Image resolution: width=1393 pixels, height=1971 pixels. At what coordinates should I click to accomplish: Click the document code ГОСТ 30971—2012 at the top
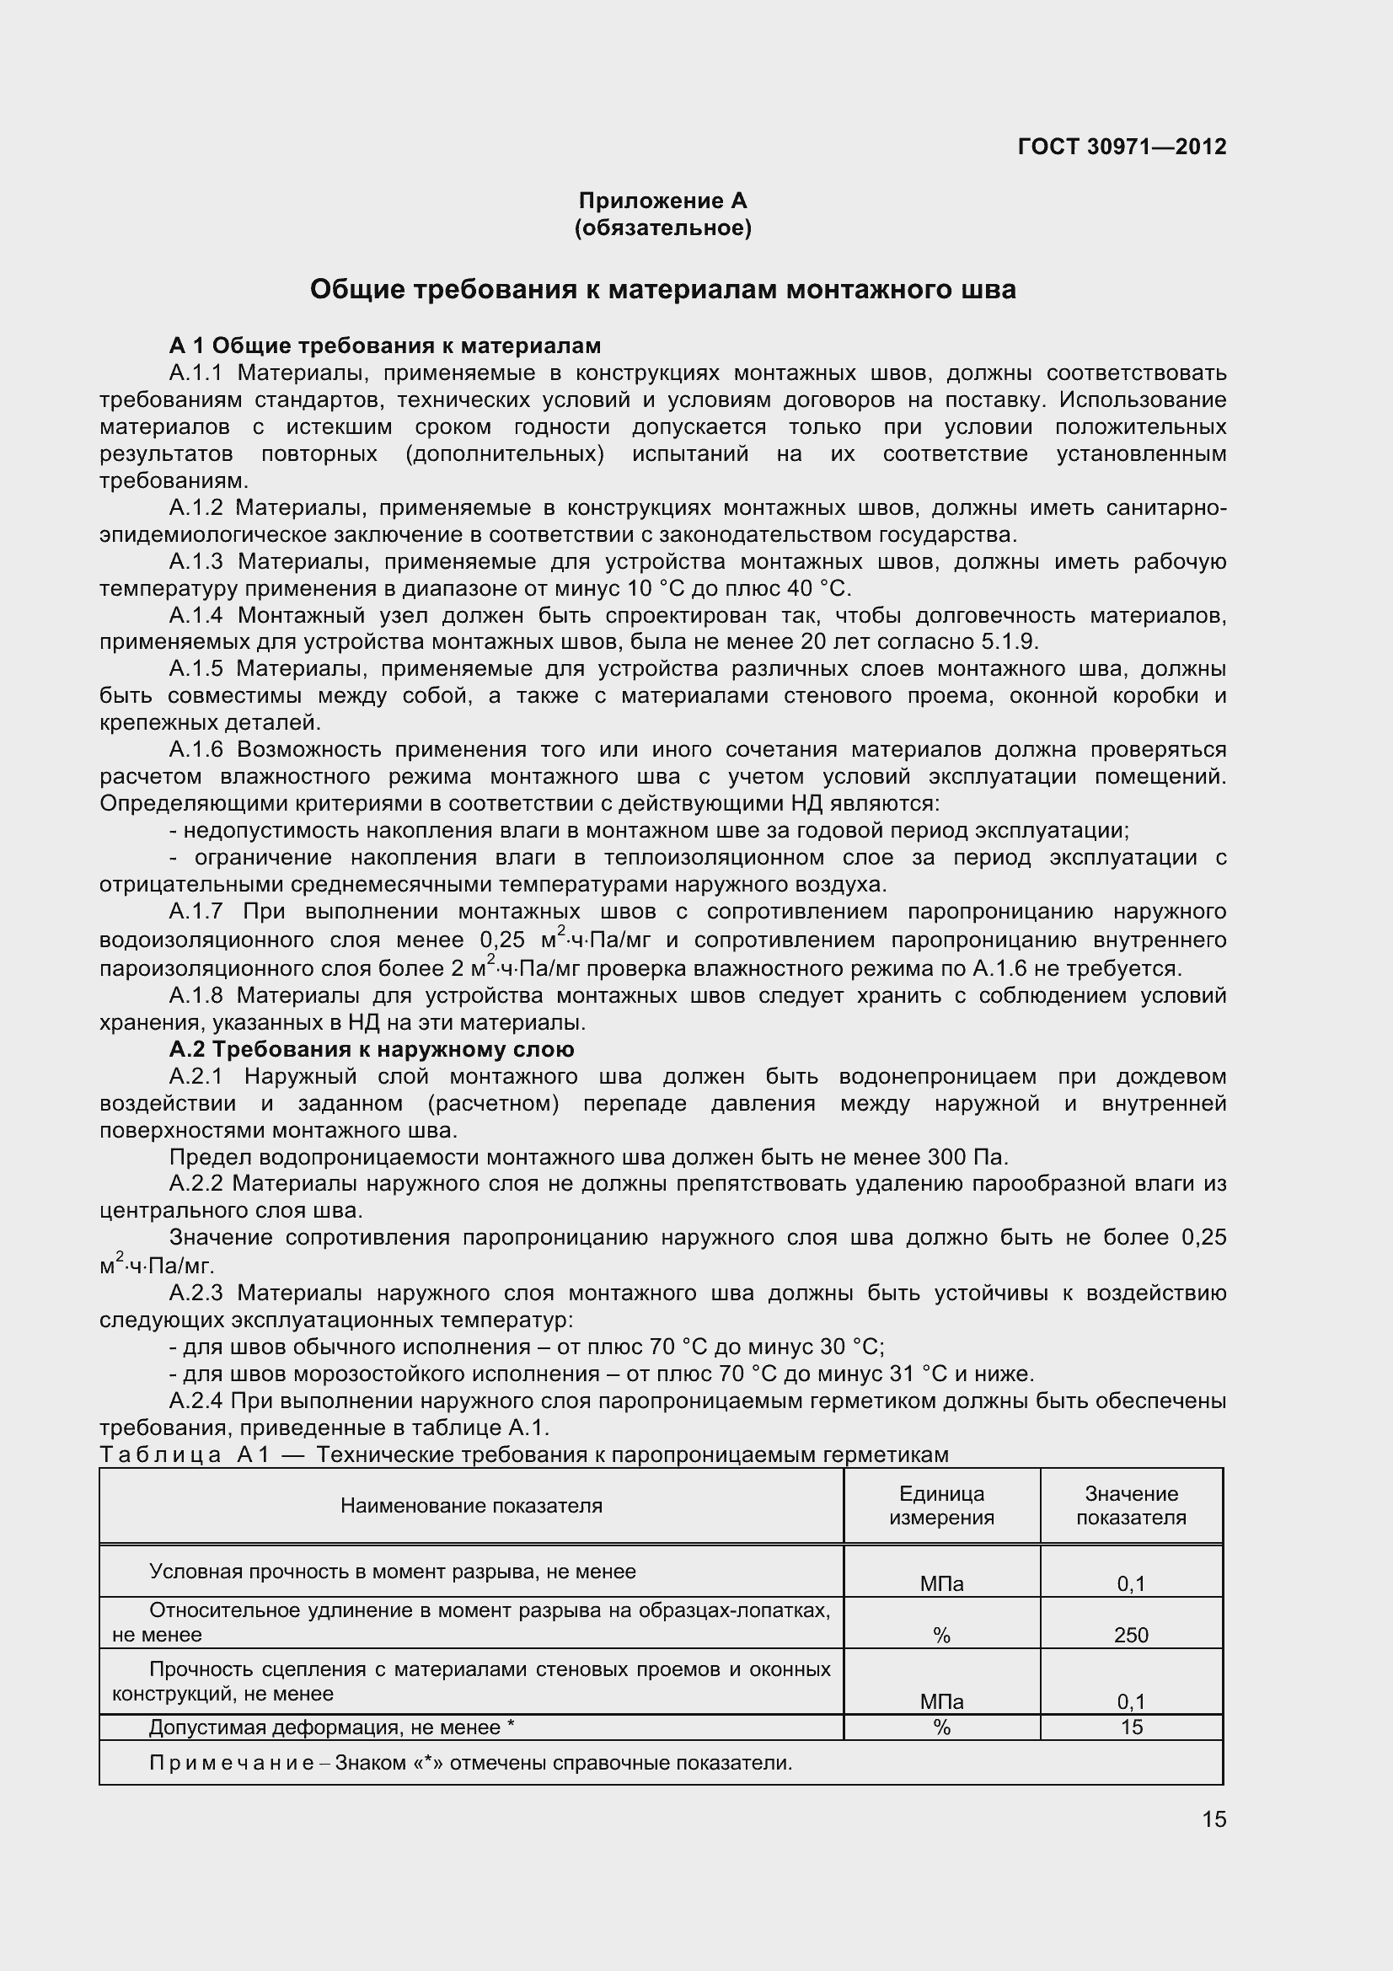tap(1122, 147)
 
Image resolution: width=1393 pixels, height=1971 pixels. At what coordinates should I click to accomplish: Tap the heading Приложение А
tap(662, 201)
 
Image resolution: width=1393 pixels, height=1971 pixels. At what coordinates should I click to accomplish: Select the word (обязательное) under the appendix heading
tap(662, 228)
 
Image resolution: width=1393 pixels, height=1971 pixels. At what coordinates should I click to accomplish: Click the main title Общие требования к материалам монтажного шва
tap(662, 289)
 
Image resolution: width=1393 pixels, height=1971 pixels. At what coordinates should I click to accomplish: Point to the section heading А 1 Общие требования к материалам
tap(384, 345)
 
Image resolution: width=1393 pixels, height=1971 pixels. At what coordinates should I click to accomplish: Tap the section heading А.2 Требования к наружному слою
tap(372, 1049)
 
